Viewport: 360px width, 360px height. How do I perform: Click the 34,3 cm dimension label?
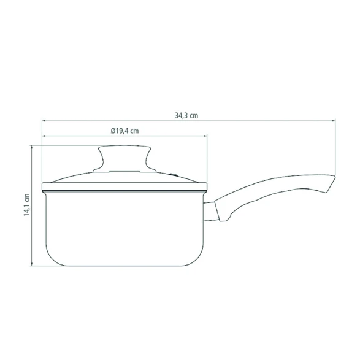[186, 115]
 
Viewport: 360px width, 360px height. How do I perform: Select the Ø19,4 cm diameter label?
[124, 131]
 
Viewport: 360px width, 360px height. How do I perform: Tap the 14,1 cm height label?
[27, 205]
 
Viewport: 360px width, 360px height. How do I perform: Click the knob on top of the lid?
[124, 158]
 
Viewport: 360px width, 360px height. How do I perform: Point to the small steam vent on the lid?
[174, 175]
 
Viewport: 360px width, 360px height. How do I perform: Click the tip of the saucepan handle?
[335, 177]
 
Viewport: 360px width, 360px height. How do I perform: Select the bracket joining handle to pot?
[209, 212]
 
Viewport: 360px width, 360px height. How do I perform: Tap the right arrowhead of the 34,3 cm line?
[334, 121]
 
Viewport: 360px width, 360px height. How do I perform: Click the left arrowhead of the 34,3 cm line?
[44, 121]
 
